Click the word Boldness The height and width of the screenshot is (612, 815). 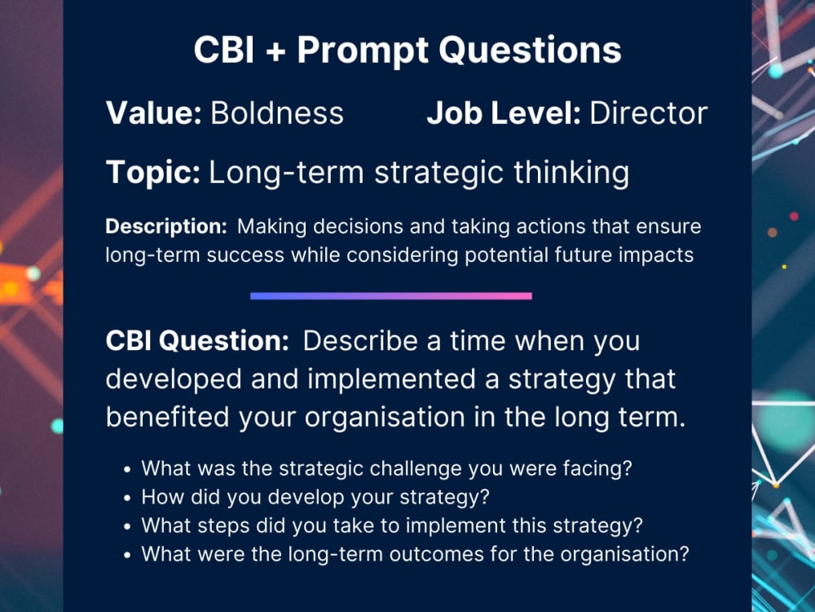click(x=277, y=113)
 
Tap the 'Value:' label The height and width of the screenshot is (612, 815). click(x=154, y=113)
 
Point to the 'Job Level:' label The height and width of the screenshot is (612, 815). click(x=503, y=113)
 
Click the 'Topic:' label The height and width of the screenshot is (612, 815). click(x=153, y=173)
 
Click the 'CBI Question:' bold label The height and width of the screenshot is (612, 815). click(x=197, y=341)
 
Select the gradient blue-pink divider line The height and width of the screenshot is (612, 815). click(x=390, y=295)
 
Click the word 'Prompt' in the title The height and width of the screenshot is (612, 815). click(x=363, y=51)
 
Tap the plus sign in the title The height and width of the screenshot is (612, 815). click(x=276, y=51)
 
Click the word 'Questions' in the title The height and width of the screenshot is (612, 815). click(x=531, y=51)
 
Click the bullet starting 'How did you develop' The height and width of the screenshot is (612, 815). click(x=315, y=497)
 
